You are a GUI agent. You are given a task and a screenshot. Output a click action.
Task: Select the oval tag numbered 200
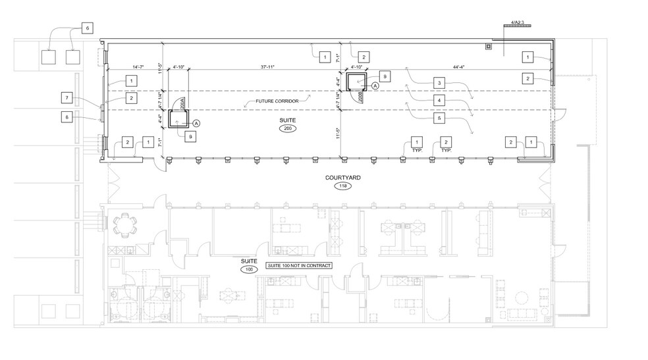286,129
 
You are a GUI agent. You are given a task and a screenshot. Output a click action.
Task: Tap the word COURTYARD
342,178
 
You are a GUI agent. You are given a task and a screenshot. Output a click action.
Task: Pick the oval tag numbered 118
342,186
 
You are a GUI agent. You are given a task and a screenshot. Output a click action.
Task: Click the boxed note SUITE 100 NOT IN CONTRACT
298,265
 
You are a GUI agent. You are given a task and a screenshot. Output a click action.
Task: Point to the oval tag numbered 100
248,270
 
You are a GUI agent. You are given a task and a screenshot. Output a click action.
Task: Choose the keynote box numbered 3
438,83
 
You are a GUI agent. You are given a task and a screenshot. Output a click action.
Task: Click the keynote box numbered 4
438,100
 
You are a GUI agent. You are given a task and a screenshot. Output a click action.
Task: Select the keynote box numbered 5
438,118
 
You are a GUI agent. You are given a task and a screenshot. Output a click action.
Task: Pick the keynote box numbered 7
66,98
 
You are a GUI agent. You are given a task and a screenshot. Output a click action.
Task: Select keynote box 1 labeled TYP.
416,142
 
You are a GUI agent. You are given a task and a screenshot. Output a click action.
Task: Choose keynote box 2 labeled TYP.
446,142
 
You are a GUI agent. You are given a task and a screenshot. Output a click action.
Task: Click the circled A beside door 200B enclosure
375,86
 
